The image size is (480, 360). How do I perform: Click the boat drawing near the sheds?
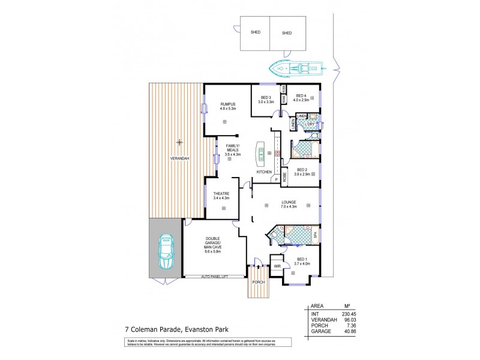coord(295,68)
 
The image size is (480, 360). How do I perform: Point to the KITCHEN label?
coord(265,172)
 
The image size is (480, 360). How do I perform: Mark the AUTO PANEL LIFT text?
coord(215,276)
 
